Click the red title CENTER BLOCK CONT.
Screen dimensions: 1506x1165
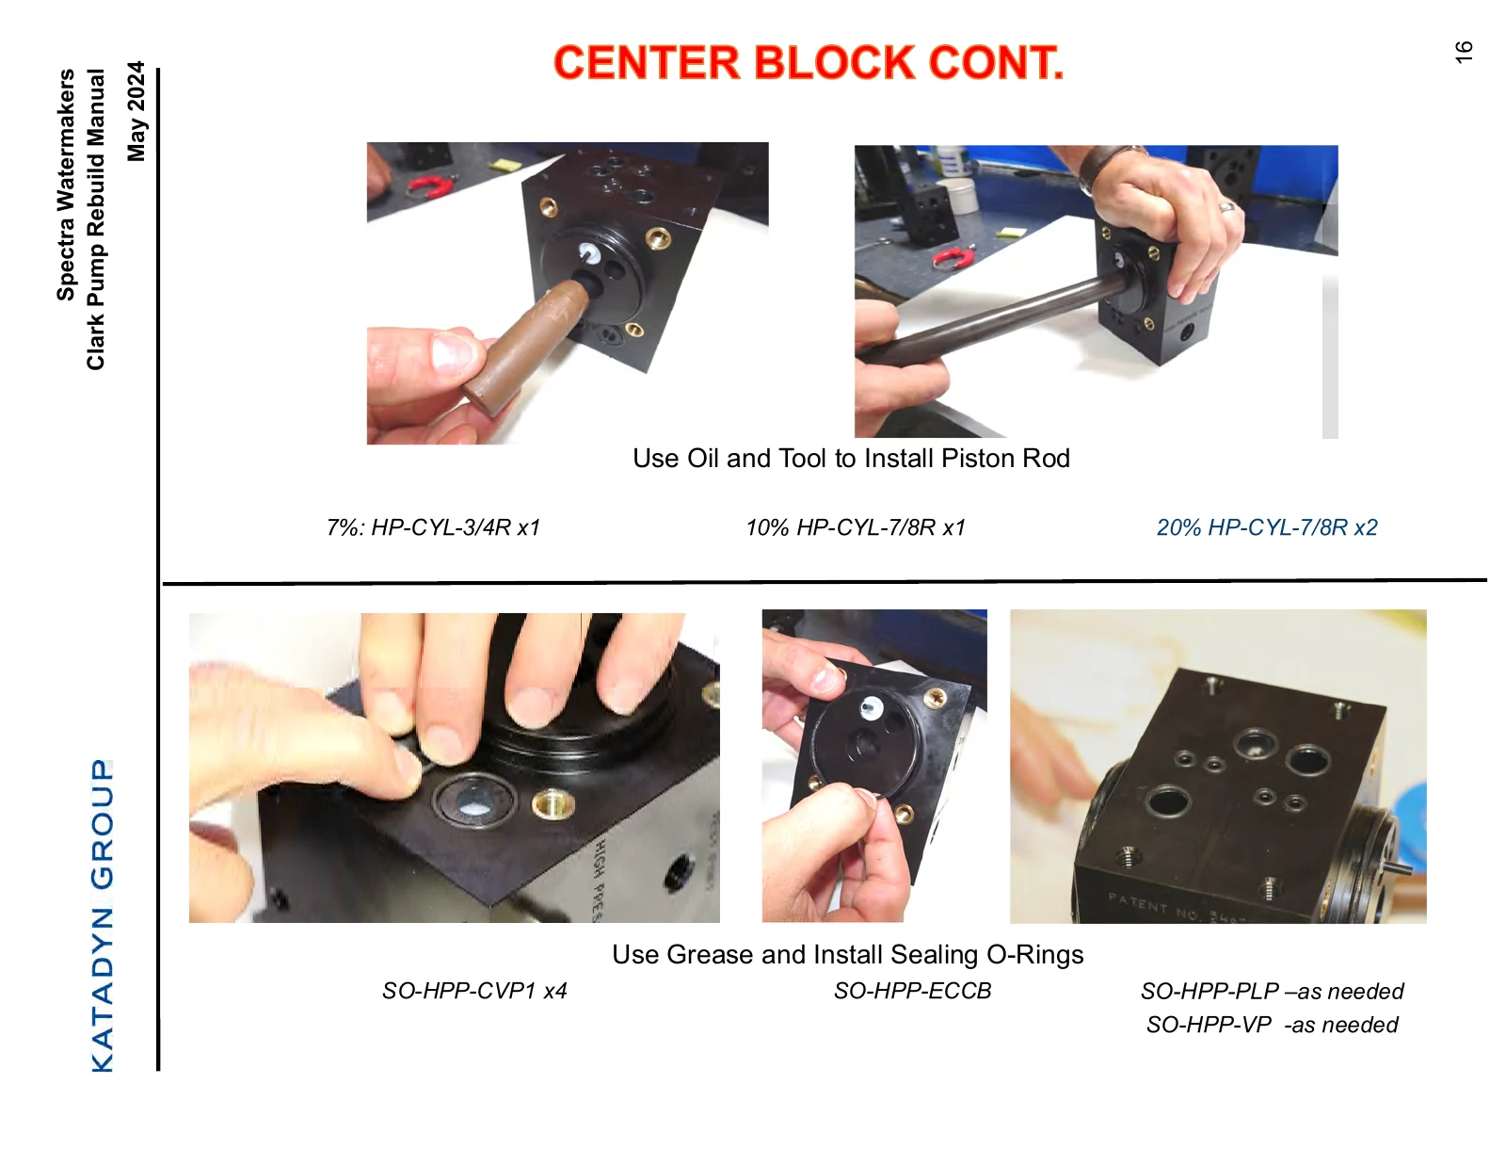click(x=809, y=62)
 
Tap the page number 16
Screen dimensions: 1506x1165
click(x=1463, y=52)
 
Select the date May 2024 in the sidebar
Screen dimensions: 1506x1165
click(x=136, y=111)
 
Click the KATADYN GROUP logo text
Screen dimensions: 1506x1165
click(x=103, y=915)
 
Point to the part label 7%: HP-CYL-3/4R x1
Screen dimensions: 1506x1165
click(x=433, y=527)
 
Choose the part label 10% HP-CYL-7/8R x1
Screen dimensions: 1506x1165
click(x=856, y=527)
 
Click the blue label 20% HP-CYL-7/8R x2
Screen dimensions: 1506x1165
click(x=1267, y=527)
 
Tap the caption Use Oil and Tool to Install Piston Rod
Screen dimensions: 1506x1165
click(x=851, y=459)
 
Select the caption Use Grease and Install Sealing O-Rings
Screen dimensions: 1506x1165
click(x=848, y=955)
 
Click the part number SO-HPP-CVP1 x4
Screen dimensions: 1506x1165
click(x=474, y=991)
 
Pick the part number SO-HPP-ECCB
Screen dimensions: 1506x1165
click(x=912, y=991)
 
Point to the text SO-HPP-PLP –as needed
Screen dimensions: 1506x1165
click(x=1273, y=992)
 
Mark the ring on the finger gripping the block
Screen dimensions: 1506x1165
click(x=1227, y=206)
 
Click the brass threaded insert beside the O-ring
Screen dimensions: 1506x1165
click(x=553, y=804)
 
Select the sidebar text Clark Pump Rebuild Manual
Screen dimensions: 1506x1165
click(x=96, y=219)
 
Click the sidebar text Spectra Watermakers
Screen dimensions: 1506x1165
click(x=65, y=185)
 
